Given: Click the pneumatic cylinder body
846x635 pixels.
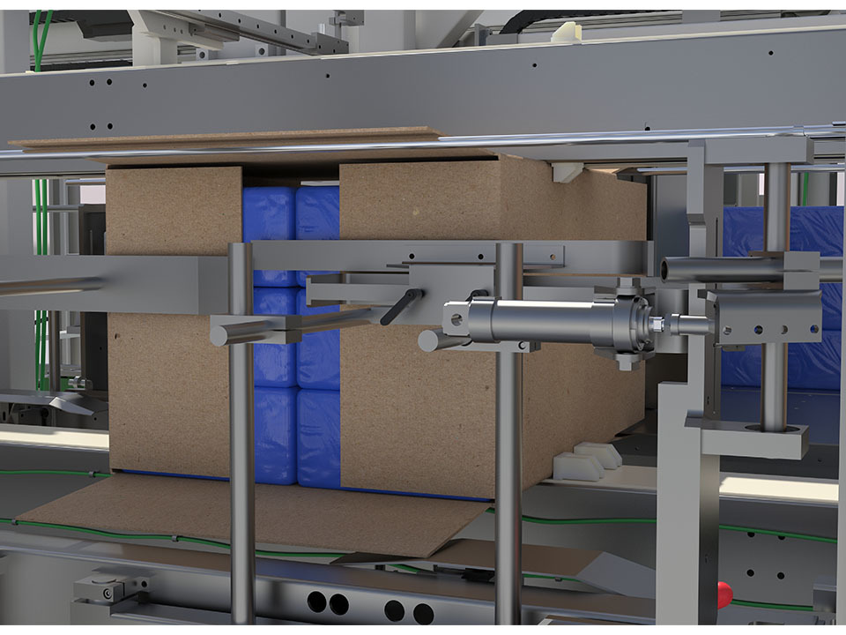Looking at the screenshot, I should pyautogui.click(x=546, y=320).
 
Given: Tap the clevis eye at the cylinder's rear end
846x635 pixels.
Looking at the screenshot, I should pyautogui.click(x=455, y=318).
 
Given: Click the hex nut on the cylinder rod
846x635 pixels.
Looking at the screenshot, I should pyautogui.click(x=657, y=325).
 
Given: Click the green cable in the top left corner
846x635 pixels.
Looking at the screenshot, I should pyautogui.click(x=40, y=40).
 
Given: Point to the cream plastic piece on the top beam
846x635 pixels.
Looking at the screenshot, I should pyautogui.click(x=562, y=33).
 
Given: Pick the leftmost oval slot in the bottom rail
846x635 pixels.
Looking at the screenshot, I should pyautogui.click(x=316, y=603).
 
